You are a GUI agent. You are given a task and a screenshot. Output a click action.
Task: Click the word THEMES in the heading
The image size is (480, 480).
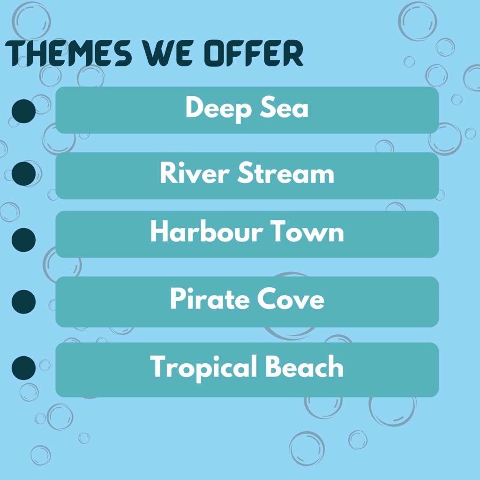pos(68,54)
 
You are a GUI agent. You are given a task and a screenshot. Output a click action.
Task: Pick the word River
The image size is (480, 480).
pos(194,174)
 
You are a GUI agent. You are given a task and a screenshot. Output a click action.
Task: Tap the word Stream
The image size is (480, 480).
pos(285,174)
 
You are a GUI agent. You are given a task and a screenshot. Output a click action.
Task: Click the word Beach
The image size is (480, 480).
pos(304,367)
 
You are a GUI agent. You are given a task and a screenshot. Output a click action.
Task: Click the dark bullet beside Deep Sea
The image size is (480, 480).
pos(23,112)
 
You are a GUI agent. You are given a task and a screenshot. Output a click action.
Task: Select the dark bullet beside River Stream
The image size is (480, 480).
pos(23,173)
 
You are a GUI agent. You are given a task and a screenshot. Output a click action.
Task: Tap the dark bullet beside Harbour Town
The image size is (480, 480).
pos(23,240)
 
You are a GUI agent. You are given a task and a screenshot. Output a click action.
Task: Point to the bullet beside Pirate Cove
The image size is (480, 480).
pos(23,301)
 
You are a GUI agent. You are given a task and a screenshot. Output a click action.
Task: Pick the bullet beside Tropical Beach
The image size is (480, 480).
pos(23,367)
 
